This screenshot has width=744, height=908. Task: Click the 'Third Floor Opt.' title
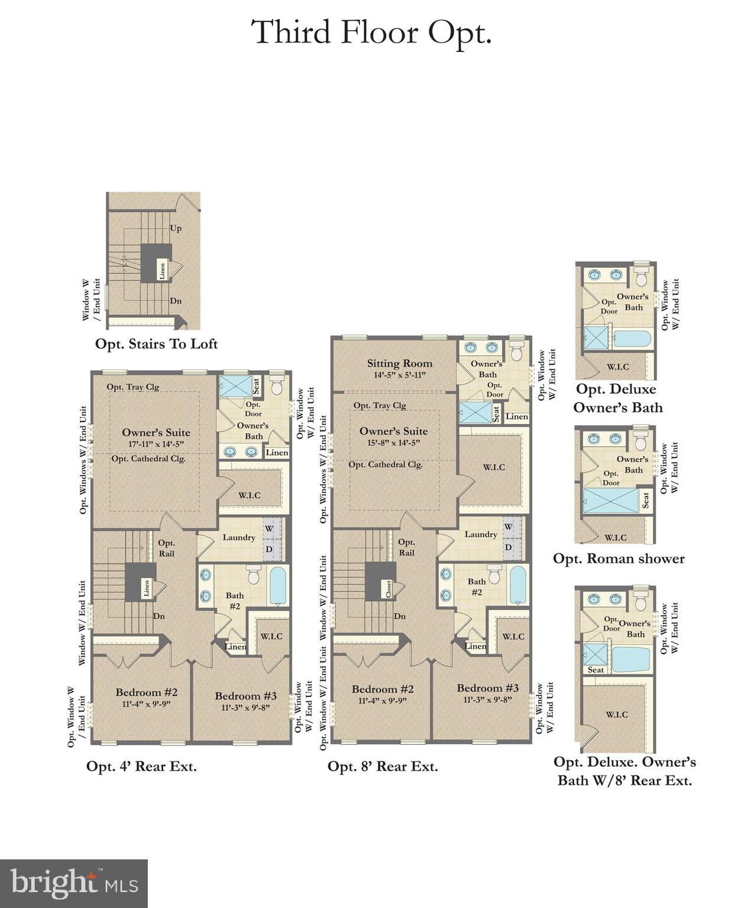(x=371, y=33)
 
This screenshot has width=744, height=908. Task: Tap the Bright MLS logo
(x=74, y=883)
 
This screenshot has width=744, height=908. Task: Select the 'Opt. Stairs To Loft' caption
(x=156, y=344)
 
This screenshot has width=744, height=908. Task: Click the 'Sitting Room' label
(x=399, y=364)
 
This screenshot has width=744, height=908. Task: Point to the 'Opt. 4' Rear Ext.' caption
(x=141, y=767)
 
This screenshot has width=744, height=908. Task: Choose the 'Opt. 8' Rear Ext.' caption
(x=383, y=767)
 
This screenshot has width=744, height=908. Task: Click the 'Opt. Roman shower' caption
(x=619, y=559)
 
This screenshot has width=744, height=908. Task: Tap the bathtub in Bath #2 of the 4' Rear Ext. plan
(x=278, y=585)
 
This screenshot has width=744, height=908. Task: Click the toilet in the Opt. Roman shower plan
(x=641, y=440)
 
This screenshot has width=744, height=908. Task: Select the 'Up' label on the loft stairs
(x=176, y=228)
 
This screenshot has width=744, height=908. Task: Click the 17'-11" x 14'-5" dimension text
(x=157, y=443)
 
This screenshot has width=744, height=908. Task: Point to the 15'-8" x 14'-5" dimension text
(x=394, y=442)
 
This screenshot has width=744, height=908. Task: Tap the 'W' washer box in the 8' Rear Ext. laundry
(x=508, y=526)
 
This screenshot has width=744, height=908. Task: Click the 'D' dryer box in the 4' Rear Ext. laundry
(x=269, y=549)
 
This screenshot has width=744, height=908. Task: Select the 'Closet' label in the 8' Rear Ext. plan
(x=389, y=588)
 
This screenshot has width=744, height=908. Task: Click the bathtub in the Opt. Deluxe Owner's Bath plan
(x=632, y=339)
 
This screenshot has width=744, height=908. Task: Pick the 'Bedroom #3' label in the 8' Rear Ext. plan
(x=487, y=688)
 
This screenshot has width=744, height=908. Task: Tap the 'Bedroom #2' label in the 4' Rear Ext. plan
(x=146, y=692)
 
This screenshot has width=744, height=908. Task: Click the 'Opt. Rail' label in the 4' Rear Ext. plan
(x=166, y=548)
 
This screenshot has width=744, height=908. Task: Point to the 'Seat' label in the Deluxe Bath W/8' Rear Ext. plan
(x=596, y=670)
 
